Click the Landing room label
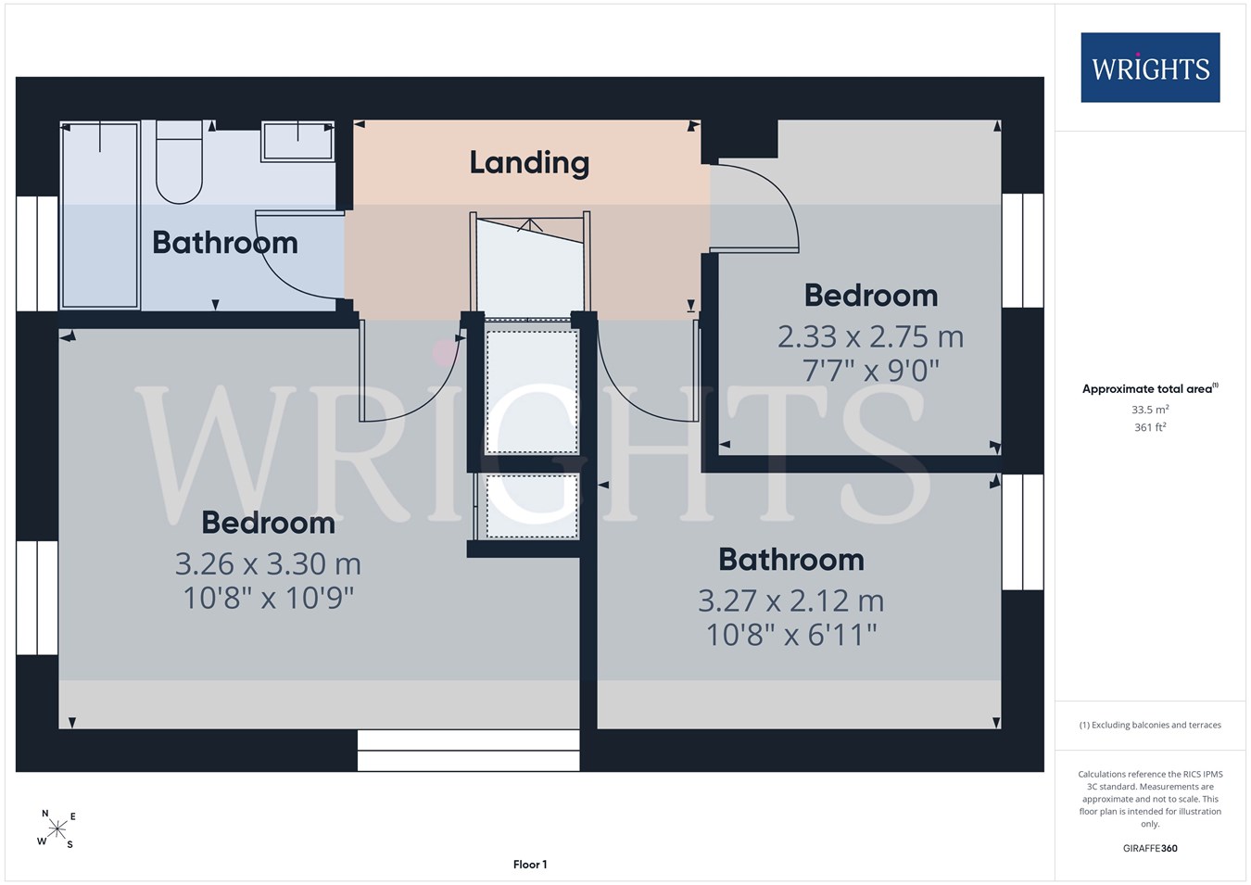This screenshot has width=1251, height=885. [x=529, y=162]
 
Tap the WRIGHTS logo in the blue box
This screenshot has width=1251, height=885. [x=1150, y=68]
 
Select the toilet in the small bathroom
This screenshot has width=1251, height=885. [x=179, y=162]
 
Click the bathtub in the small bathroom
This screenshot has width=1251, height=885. [x=99, y=215]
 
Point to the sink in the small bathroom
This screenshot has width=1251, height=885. [x=297, y=142]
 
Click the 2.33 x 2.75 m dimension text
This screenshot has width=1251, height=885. [x=870, y=337]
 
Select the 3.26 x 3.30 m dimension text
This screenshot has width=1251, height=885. [x=268, y=564]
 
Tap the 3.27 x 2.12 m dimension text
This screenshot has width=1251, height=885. [x=790, y=601]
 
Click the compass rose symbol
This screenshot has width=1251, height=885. [x=57, y=828]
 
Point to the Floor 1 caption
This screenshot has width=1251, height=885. [x=530, y=865]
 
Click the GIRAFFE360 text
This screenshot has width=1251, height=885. [x=1150, y=848]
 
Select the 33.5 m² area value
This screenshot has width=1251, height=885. [x=1150, y=410]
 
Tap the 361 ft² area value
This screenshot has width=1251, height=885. [x=1150, y=427]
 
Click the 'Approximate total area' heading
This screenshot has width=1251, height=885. [x=1150, y=388]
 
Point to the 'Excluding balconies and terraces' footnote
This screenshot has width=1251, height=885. [x=1150, y=725]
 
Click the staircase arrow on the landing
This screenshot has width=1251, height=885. [x=529, y=225]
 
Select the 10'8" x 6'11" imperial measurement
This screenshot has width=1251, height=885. [x=790, y=635]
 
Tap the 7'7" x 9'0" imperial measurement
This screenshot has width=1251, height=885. [x=870, y=371]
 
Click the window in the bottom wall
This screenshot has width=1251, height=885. [x=469, y=751]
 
